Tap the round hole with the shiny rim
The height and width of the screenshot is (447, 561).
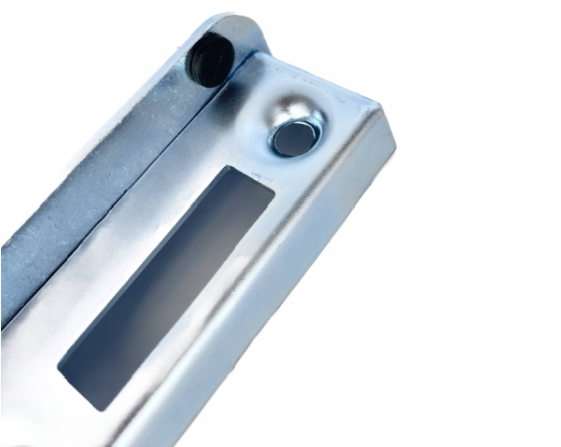pos(293,138)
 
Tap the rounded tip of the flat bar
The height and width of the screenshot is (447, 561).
pos(229,23)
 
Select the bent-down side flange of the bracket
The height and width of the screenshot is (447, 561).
pos(308,280)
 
